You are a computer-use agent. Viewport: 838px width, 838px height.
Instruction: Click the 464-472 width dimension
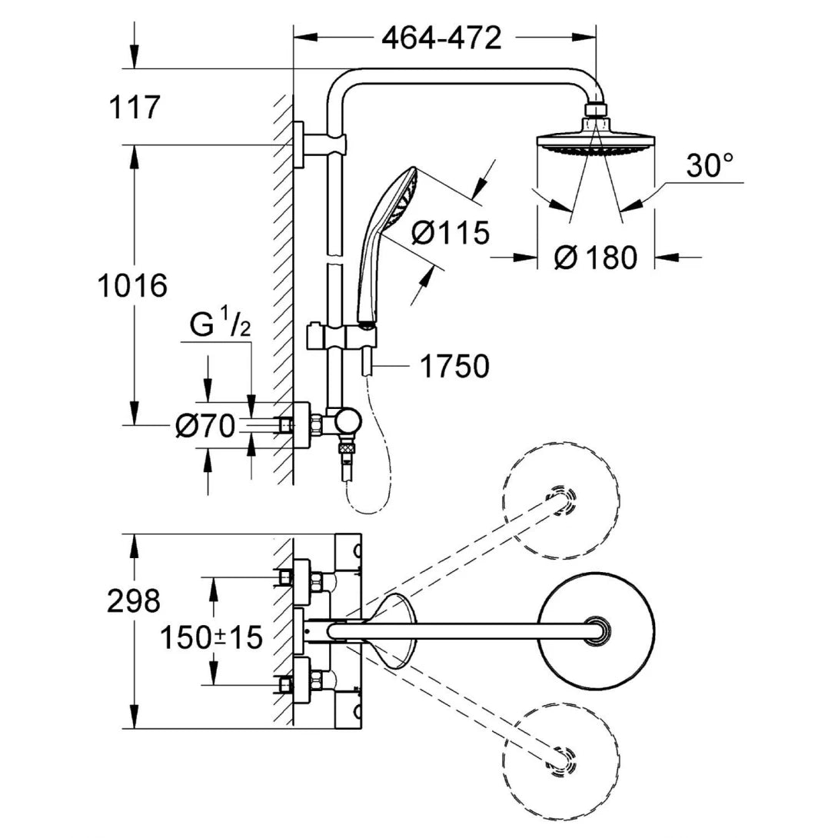(x=441, y=37)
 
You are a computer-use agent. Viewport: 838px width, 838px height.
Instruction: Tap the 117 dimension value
(x=135, y=108)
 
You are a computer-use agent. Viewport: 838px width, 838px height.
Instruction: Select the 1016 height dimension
(x=132, y=286)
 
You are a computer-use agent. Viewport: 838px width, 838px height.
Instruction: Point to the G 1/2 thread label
(x=220, y=327)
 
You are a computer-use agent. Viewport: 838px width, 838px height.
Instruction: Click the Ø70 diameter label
(x=205, y=425)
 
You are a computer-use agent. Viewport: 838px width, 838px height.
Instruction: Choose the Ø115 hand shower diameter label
(x=450, y=232)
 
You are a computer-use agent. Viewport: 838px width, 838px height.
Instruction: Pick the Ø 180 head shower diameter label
(x=596, y=258)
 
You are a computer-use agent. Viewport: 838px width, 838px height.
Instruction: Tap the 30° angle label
(x=709, y=165)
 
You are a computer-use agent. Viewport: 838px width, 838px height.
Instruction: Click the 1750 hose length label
(x=454, y=367)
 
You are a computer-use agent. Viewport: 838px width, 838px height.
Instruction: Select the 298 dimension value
(x=134, y=600)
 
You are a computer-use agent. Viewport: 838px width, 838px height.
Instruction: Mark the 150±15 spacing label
(x=211, y=637)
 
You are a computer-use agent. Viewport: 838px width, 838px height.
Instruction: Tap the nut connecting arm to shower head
(x=596, y=111)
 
